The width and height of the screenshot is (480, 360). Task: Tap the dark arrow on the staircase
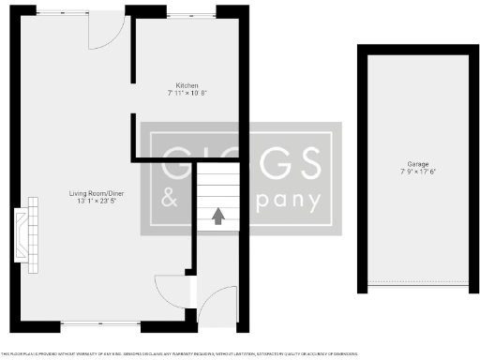coord(217,217)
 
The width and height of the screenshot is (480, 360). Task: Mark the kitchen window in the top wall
coord(191,12)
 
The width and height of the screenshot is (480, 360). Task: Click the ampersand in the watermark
coord(170,200)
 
